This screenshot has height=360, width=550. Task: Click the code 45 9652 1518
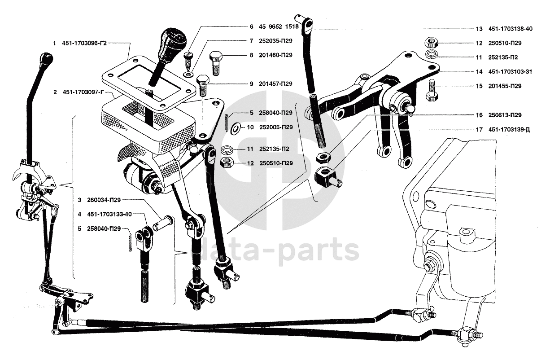click(x=279, y=26)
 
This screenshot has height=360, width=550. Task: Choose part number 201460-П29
click(x=275, y=55)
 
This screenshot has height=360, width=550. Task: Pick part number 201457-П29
click(x=275, y=83)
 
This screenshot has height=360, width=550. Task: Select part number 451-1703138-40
click(x=511, y=29)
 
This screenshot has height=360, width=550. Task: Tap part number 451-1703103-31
click(x=511, y=72)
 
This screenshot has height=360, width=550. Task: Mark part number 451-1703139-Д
click(x=510, y=130)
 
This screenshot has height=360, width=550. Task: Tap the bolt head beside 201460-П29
click(x=216, y=57)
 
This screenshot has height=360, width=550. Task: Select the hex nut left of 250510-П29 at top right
click(x=431, y=43)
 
